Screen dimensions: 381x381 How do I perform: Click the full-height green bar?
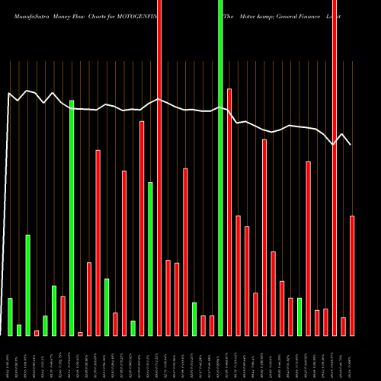(220, 168)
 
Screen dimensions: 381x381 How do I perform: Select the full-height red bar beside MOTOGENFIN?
(159, 168)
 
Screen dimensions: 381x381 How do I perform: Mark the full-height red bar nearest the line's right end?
(335, 168)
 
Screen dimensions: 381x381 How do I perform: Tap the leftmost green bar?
(10, 316)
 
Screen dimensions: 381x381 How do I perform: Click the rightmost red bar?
(352, 275)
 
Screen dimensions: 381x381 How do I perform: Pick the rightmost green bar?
(299, 316)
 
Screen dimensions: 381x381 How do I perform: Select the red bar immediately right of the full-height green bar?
(229, 212)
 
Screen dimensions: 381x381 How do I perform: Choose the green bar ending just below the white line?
(72, 217)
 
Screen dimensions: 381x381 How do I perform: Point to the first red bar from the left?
(37, 332)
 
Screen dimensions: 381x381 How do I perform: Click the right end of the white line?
(351, 144)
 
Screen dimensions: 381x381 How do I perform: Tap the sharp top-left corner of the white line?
(8, 94)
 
